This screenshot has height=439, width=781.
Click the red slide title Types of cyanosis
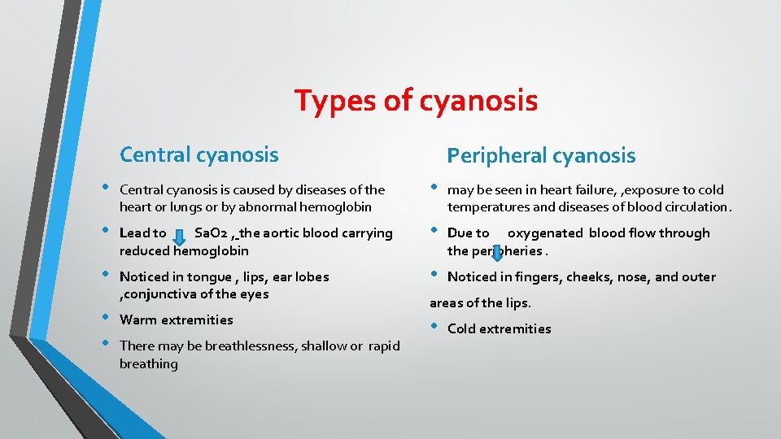[416, 101]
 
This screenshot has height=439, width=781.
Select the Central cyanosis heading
[199, 154]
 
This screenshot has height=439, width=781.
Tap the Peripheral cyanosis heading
[541, 155]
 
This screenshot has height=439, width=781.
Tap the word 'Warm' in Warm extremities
[137, 320]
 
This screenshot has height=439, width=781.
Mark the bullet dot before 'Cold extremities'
[434, 327]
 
